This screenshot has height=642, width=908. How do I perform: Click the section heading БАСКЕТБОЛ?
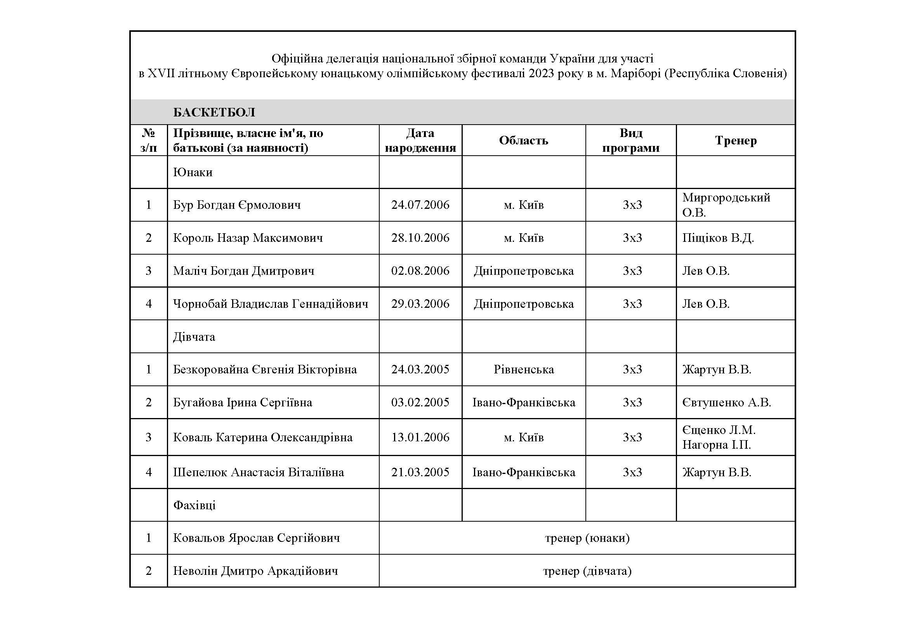coord(214,113)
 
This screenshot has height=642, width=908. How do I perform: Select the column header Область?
coord(523,141)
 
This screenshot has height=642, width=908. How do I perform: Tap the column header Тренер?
coord(736,141)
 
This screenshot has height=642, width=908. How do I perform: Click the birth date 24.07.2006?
coord(420,205)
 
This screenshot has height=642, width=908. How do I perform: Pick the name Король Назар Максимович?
coord(248,238)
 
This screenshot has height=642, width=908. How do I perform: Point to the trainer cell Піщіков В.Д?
coord(718,238)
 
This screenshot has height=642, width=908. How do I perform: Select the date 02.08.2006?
coord(420,271)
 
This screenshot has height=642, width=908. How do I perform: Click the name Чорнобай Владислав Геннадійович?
coord(271,304)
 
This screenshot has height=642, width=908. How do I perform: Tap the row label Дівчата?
coord(194,337)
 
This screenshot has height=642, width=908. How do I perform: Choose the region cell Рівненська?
coord(524,370)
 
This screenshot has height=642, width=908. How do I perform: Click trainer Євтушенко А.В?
coord(726,403)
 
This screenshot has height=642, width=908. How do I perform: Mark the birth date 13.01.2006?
coord(420,437)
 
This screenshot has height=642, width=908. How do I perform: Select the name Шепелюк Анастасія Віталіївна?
coord(259,472)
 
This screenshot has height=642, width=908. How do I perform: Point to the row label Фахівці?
coord(194,505)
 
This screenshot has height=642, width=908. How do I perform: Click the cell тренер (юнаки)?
coord(587,538)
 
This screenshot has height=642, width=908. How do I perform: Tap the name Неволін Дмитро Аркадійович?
coord(255,571)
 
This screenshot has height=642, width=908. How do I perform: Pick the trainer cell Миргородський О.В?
coord(726,205)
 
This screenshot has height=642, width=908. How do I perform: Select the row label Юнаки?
coord(193,172)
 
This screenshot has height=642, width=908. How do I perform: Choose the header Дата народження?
coord(420,141)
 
